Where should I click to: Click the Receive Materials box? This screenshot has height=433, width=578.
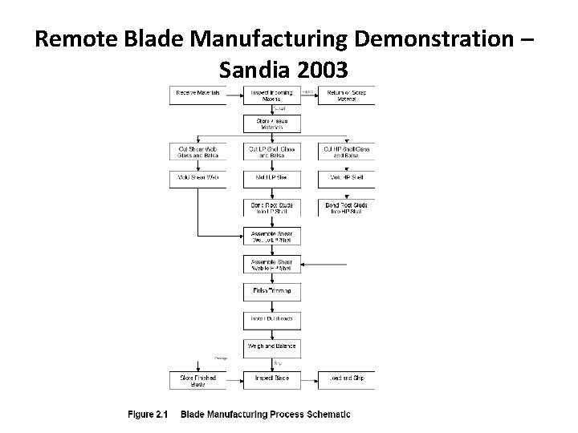point(197,95)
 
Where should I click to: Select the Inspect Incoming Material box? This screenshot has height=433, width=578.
point(272,95)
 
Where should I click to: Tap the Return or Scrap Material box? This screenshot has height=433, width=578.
point(347,95)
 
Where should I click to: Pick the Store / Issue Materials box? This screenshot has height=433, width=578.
point(272,123)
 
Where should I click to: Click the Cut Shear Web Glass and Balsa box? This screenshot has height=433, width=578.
point(197,152)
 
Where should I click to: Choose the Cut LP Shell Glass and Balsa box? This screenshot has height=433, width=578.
point(272,152)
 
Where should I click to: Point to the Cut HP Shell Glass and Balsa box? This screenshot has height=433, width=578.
point(347,152)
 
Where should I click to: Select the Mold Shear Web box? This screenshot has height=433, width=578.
point(197,177)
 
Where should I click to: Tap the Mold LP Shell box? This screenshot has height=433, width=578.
point(272,177)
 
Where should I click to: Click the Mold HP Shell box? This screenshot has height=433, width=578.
point(347,177)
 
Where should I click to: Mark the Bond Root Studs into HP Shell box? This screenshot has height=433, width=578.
point(347,208)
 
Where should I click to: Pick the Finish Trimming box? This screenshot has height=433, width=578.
point(272,290)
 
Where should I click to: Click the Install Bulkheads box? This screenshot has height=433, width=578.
point(272,318)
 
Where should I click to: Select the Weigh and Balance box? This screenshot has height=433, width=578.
point(272,346)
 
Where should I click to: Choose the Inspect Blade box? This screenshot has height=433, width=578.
point(272,378)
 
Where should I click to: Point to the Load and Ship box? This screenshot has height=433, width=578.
point(347,378)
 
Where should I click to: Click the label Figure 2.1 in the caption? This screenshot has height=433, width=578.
point(147,415)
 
